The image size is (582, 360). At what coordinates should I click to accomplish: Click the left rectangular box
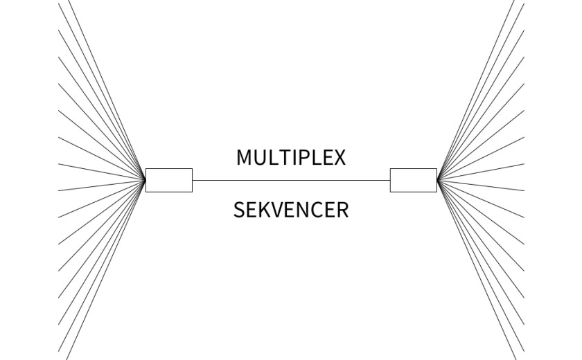pyautogui.click(x=169, y=180)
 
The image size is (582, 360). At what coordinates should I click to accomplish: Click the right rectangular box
pyautogui.click(x=414, y=180)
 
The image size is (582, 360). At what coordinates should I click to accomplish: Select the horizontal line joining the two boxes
pyautogui.click(x=291, y=180)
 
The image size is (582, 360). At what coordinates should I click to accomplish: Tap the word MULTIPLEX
pyautogui.click(x=291, y=158)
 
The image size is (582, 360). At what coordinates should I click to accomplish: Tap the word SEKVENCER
pyautogui.click(x=291, y=209)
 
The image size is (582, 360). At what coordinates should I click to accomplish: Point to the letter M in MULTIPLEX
pyautogui.click(x=244, y=158)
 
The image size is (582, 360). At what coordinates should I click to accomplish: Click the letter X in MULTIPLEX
pyautogui.click(x=339, y=158)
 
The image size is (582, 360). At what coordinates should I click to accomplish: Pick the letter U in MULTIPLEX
pyautogui.click(x=260, y=158)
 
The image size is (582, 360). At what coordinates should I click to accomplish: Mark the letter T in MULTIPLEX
pyautogui.click(x=283, y=158)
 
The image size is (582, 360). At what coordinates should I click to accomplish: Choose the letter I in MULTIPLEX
pyautogui.click(x=293, y=158)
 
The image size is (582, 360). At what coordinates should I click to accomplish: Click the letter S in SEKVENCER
pyautogui.click(x=239, y=209)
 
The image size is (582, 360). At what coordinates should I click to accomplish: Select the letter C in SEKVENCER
pyautogui.click(x=318, y=209)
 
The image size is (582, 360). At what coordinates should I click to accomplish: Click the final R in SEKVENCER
pyautogui.click(x=343, y=209)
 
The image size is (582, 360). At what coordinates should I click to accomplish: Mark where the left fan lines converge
pyautogui.click(x=145, y=180)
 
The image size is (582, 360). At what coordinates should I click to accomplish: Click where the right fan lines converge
pyautogui.click(x=437, y=180)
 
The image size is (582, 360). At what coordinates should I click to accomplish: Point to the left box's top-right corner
pyautogui.click(x=192, y=168)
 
